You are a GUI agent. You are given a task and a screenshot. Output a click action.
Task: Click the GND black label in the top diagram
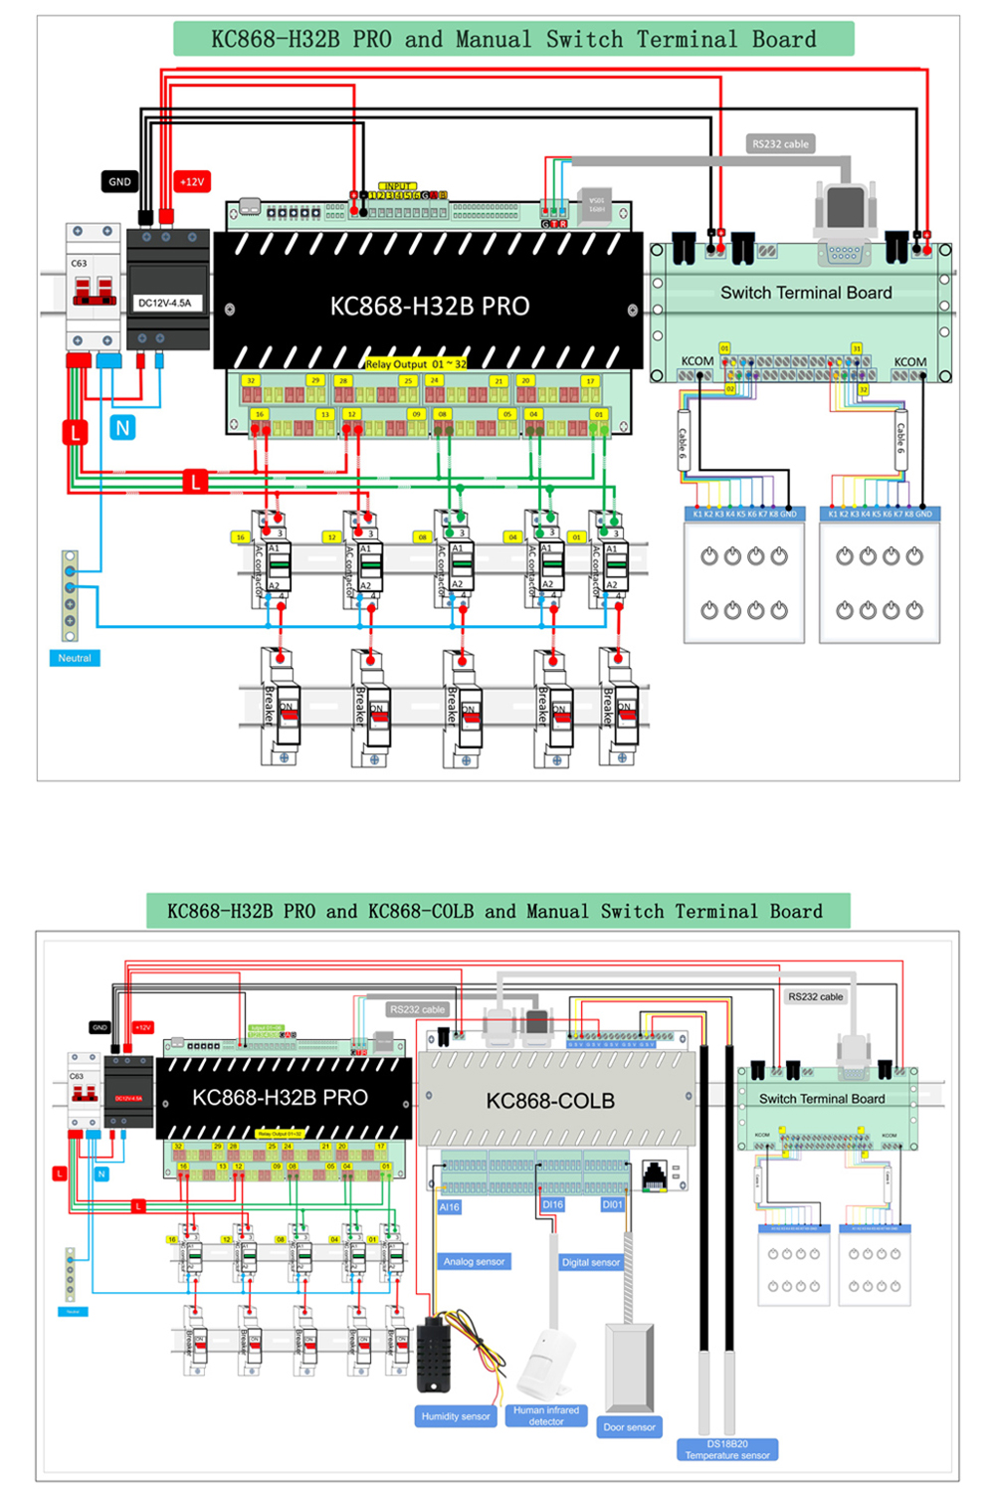119,182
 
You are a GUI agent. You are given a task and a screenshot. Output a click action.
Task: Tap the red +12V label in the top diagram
191,182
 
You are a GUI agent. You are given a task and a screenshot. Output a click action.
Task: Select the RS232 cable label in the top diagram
781,144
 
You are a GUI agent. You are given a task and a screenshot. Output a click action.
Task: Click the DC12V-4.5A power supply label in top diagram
164,303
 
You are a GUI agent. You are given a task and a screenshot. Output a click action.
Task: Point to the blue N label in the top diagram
122,428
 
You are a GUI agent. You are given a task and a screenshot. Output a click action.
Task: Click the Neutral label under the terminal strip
75,658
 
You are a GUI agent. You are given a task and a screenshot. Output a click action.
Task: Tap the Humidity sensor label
456,1416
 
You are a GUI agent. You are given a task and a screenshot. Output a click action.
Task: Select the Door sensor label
629,1427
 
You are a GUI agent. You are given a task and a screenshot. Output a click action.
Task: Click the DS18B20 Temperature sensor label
727,1449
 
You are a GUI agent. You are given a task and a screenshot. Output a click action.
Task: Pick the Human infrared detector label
546,1415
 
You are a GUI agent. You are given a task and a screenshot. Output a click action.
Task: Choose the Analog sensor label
475,1262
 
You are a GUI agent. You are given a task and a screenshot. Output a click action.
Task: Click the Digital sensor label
591,1262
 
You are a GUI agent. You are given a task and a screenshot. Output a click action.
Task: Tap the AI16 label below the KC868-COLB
450,1206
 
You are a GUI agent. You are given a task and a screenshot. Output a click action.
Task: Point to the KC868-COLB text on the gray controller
550,1101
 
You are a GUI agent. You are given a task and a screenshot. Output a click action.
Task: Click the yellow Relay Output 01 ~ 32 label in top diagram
416,364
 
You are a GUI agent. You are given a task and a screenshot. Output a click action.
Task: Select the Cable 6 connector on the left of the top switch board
684,439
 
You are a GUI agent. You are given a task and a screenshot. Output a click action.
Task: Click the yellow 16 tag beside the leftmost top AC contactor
240,536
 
